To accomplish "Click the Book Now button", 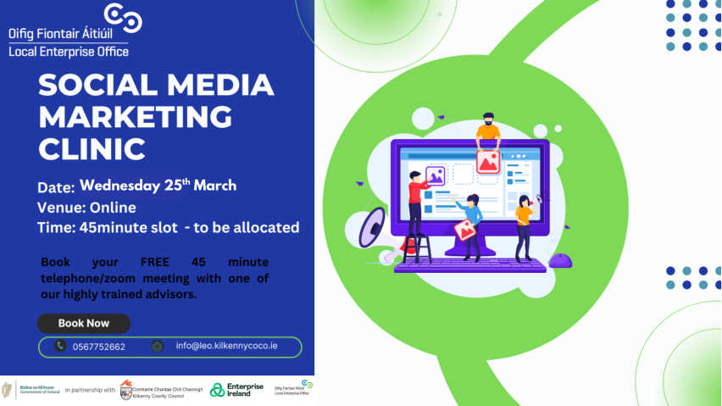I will click(84, 323).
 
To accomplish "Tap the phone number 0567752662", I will click(99, 347).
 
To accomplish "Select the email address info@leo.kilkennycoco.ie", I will click(226, 346).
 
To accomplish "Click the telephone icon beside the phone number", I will click(60, 346).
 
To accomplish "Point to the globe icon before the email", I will click(157, 346).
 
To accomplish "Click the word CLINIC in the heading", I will click(92, 147).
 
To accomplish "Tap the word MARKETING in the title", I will click(136, 116).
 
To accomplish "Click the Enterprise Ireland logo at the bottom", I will click(236, 389).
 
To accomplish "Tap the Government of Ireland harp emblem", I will click(8, 389).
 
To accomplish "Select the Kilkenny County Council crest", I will click(126, 389).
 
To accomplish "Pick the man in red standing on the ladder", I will click(416, 203).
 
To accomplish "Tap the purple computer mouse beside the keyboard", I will click(560, 260).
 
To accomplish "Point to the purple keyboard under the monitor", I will click(470, 264).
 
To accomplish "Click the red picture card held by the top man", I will click(487, 161).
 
